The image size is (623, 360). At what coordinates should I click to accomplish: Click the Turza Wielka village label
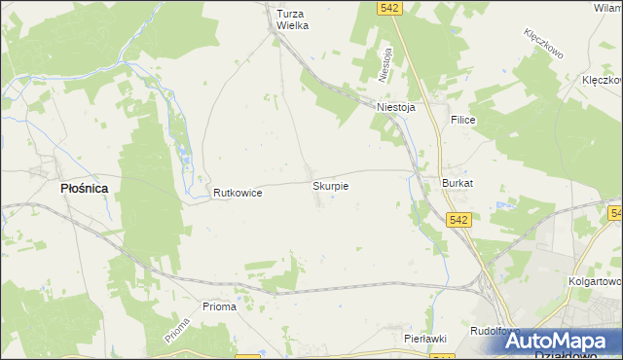[292, 19]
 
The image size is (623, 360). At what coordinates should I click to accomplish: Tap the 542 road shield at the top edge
[390, 8]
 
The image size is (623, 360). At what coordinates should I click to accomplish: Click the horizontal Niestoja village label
[396, 108]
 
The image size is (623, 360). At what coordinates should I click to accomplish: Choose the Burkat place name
[458, 183]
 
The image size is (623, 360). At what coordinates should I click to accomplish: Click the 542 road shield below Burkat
[460, 220]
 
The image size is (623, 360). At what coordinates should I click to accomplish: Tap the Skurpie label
[330, 185]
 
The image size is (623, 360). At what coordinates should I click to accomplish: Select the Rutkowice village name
[238, 194]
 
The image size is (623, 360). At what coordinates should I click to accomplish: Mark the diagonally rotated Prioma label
[176, 335]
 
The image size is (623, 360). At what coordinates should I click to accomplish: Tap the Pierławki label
[424, 338]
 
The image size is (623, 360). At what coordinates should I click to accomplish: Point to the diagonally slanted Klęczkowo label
[545, 45]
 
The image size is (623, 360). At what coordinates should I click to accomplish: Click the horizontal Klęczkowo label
[602, 80]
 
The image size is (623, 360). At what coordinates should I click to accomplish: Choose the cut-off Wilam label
[607, 7]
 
